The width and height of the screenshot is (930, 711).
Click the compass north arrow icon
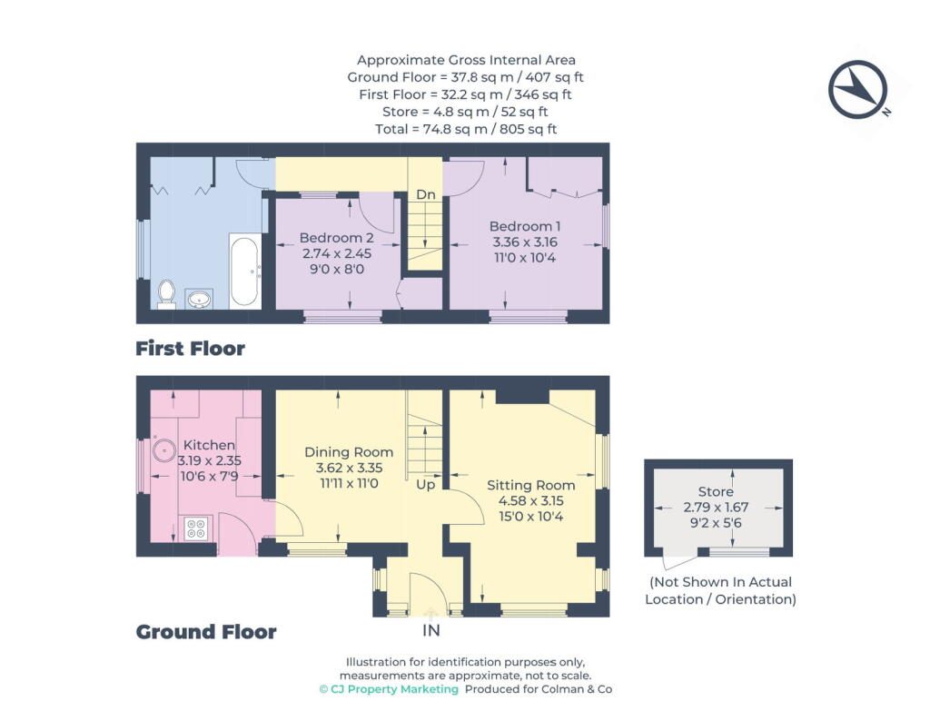click(x=858, y=90)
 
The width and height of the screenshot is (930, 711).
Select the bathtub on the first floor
click(x=244, y=271)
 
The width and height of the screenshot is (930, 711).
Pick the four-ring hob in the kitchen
click(x=196, y=528)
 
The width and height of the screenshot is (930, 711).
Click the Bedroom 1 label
click(x=525, y=226)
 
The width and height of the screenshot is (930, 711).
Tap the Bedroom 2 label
click(x=336, y=238)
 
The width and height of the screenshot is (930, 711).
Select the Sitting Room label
click(x=530, y=485)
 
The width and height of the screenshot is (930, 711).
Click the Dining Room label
click(x=349, y=452)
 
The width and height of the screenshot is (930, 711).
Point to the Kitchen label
click(x=209, y=445)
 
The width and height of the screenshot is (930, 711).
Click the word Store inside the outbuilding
click(x=716, y=491)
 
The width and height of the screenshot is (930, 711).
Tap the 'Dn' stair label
click(x=425, y=194)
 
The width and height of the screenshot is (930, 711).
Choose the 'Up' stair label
click(x=425, y=485)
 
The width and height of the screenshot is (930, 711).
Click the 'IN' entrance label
click(x=431, y=630)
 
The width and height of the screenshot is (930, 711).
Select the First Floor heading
click(x=191, y=348)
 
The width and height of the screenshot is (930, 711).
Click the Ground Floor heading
click(x=206, y=632)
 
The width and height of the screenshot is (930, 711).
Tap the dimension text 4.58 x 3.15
click(x=530, y=501)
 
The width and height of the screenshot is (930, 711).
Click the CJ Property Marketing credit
click(x=389, y=689)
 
